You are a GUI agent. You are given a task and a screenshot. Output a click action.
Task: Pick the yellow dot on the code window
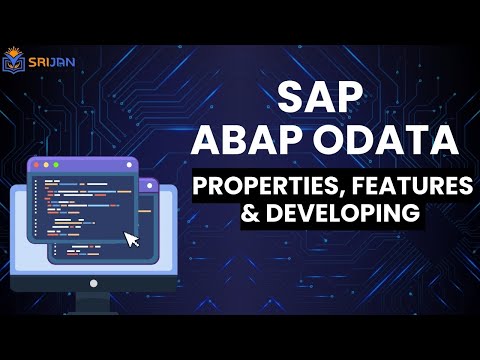coord(48,163)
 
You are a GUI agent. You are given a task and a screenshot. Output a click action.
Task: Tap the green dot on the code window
coord(58,163)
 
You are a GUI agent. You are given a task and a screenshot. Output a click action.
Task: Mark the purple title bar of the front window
coord(90,163)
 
